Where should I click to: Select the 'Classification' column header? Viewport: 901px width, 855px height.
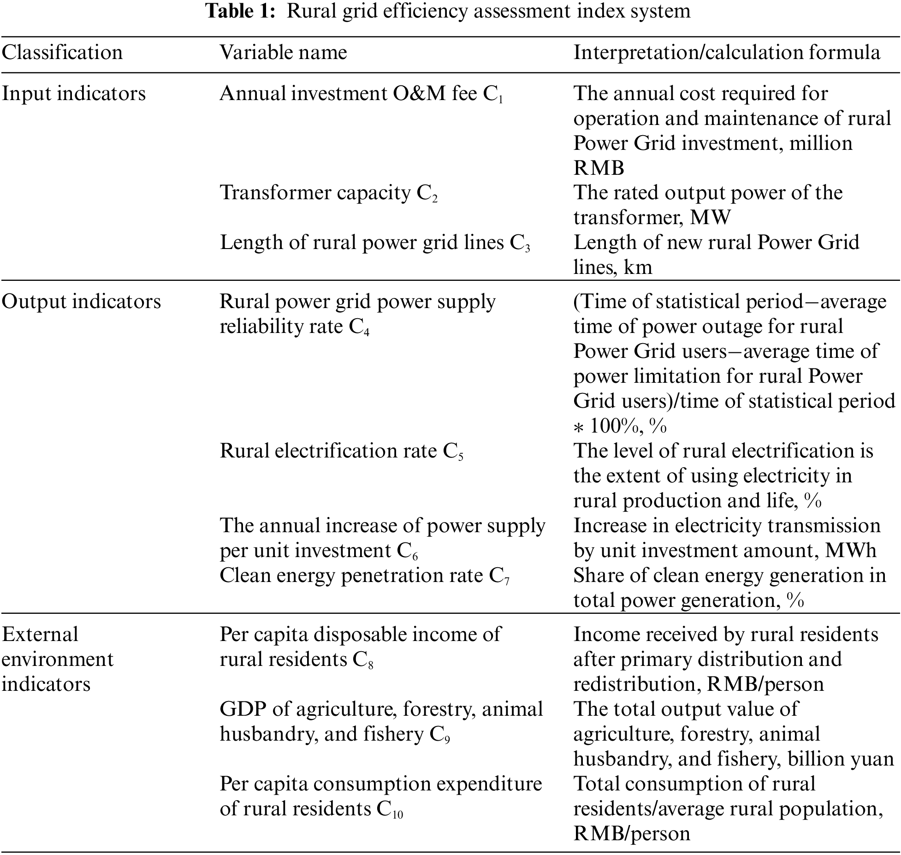tap(62, 53)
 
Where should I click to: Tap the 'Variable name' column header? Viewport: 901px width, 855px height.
tap(283, 53)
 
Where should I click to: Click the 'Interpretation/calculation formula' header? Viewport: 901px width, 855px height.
tap(727, 53)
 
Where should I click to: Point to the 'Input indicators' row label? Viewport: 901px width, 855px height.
tap(74, 94)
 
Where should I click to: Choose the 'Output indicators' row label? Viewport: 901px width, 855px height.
tap(81, 302)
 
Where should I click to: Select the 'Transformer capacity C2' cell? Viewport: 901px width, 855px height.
tap(328, 193)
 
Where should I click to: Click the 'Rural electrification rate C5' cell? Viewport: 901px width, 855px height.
tap(341, 451)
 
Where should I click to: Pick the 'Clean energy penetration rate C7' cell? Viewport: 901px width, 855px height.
tap(364, 576)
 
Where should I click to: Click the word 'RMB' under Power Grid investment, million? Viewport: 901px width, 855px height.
tap(599, 168)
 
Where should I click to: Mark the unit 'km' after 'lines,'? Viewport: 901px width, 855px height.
tap(638, 267)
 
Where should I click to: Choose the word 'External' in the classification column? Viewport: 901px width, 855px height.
tap(40, 635)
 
